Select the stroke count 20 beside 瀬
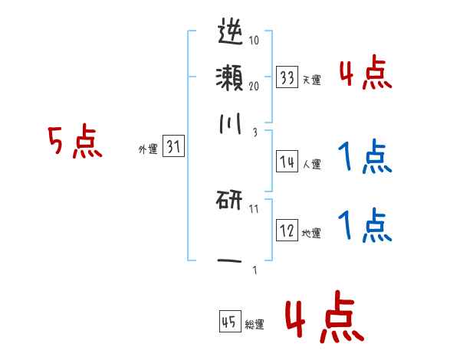click(x=255, y=86)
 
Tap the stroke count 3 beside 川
click(x=254, y=133)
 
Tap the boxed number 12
click(x=287, y=231)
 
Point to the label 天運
click(x=312, y=80)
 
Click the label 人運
click(x=312, y=164)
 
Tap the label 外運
click(x=147, y=150)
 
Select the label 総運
click(x=255, y=325)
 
